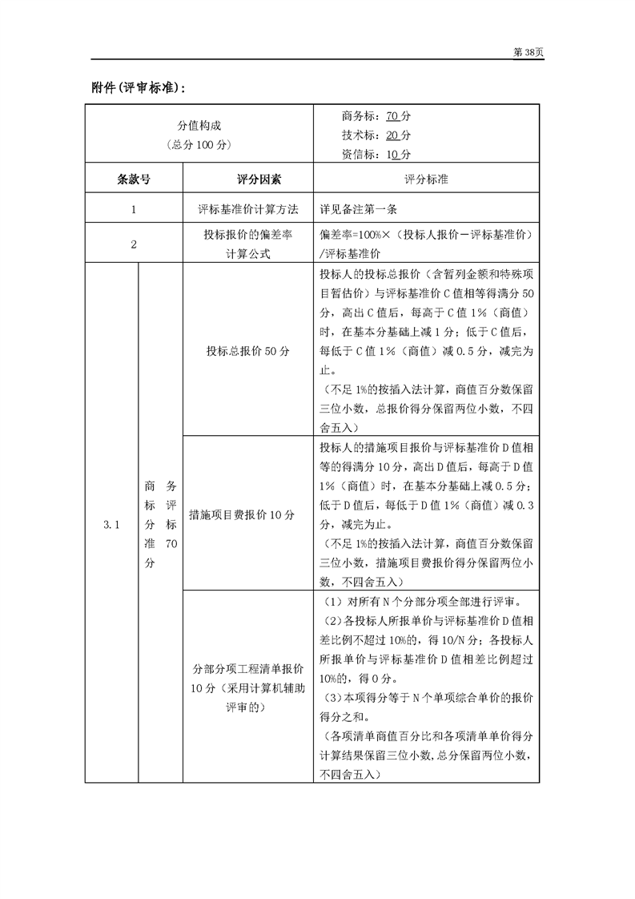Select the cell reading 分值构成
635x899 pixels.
click(199, 127)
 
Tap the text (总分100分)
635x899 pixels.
click(199, 145)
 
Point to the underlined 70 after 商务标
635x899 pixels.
click(392, 117)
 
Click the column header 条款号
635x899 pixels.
click(134, 179)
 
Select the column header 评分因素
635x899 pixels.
click(248, 179)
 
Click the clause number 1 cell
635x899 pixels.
click(134, 209)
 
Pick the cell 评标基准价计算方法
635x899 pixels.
click(248, 209)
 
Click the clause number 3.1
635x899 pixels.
click(111, 526)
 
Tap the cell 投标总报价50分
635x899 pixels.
click(248, 351)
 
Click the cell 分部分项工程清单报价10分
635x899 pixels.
click(248, 687)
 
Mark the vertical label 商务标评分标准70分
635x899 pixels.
click(160, 526)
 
